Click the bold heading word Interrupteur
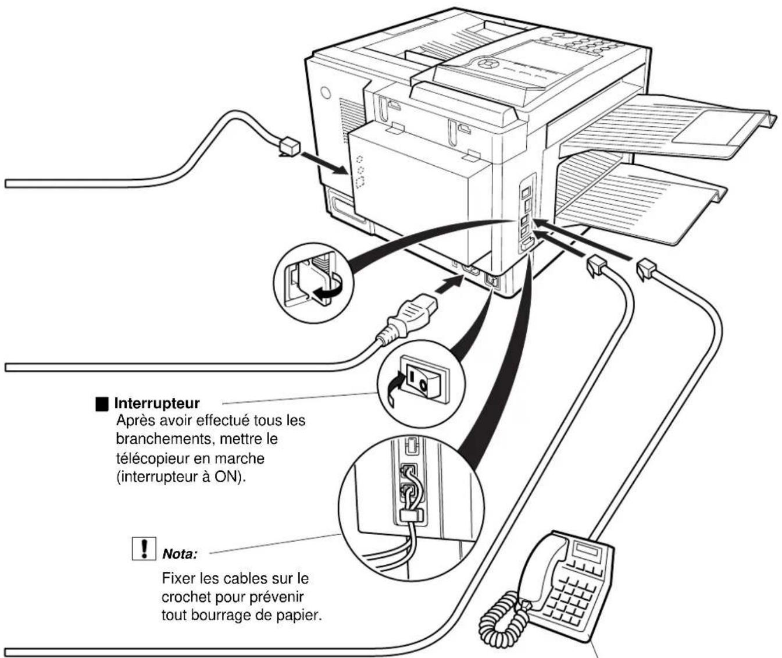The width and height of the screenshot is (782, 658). [156, 403]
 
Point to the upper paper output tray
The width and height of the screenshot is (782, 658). [663, 128]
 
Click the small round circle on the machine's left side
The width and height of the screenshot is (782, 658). [326, 91]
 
